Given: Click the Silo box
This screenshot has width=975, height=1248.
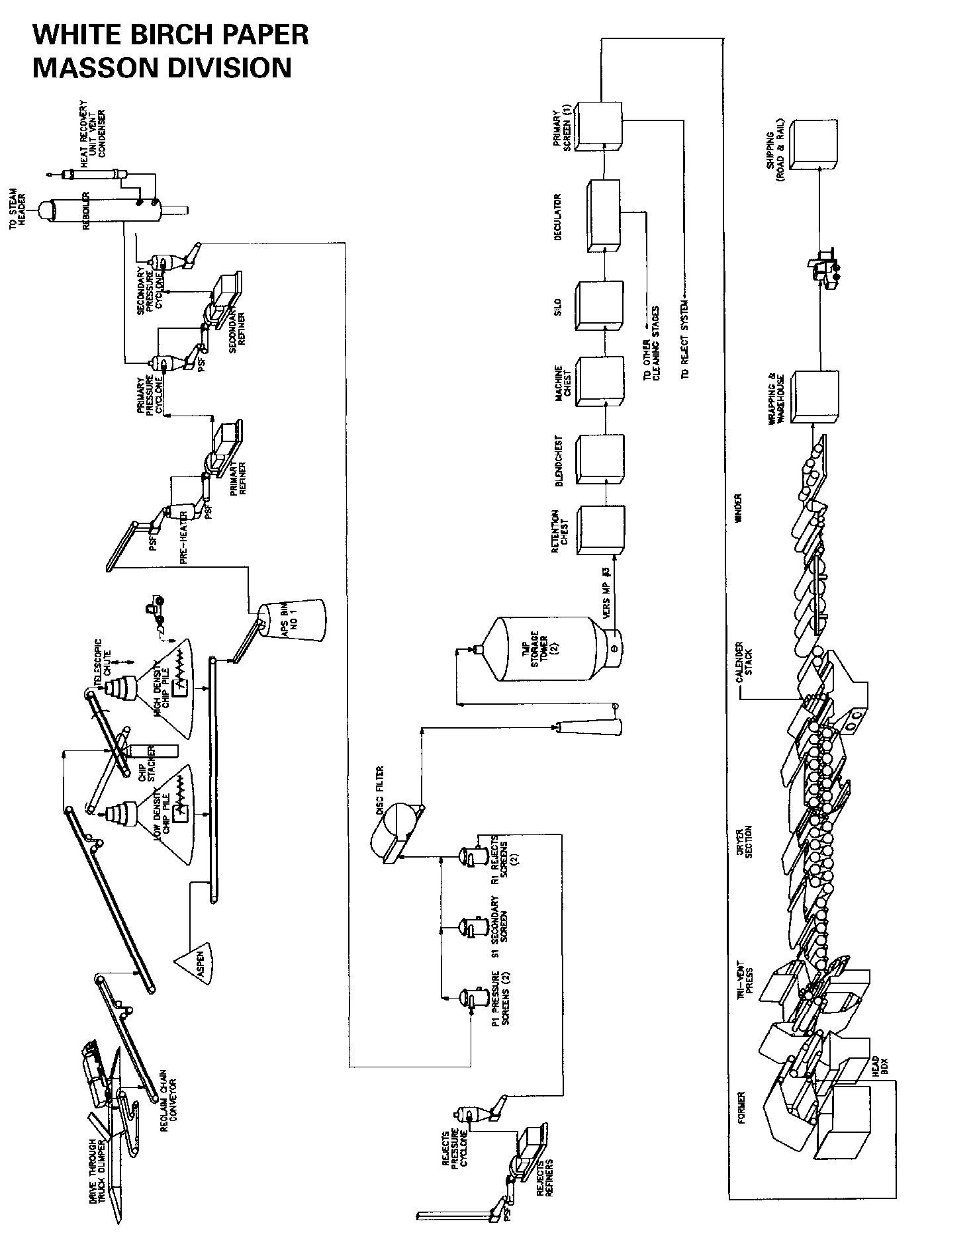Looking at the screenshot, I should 600,305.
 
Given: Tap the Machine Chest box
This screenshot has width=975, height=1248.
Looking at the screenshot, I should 601,381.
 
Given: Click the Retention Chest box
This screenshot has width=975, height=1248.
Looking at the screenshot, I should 601,530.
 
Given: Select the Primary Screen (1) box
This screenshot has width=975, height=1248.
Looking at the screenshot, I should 598,126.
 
